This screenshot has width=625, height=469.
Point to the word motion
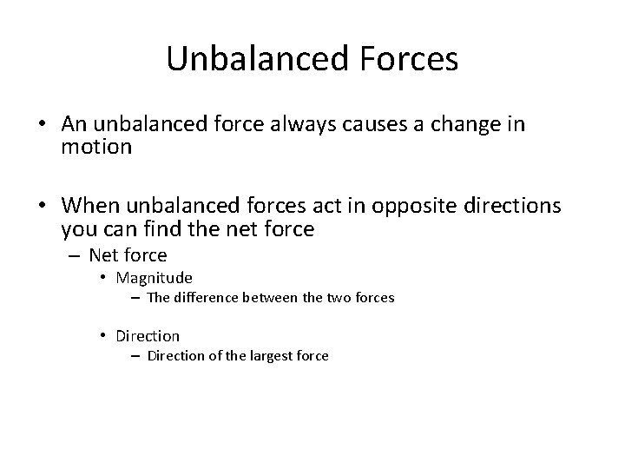[96, 148]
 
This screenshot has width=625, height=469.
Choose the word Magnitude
[154, 278]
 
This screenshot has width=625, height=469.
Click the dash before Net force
[74, 255]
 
